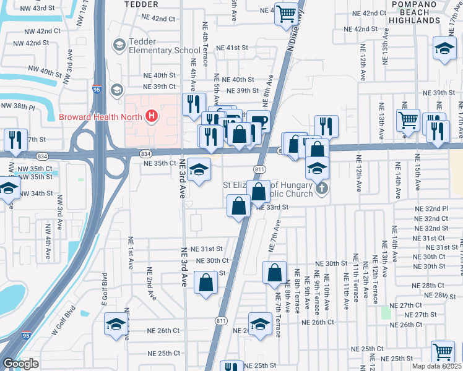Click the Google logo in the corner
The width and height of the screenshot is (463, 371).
point(20,364)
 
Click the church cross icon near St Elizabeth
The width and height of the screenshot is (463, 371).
point(321,188)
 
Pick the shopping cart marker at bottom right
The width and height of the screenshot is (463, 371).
point(443,352)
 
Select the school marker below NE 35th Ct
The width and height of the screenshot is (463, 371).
point(198,170)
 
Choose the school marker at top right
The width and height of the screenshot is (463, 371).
point(444,50)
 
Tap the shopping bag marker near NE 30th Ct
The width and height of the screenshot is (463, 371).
point(206,283)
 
